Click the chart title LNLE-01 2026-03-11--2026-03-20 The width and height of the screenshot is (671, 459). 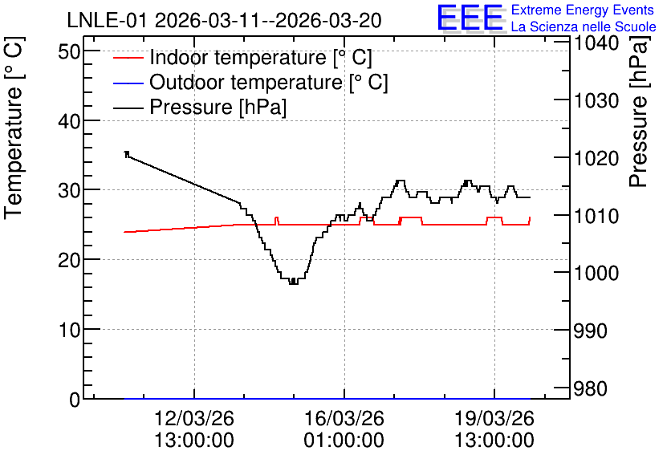click(x=224, y=20)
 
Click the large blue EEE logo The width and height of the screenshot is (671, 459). click(x=470, y=17)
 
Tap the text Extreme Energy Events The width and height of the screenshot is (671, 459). click(x=583, y=10)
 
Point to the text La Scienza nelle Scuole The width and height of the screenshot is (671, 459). click(x=584, y=26)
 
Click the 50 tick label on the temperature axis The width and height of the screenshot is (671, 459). click(x=69, y=52)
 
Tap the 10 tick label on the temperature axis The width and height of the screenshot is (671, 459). click(x=69, y=330)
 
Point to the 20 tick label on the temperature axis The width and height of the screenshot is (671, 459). click(x=69, y=260)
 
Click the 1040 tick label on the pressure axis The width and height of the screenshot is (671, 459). click(x=596, y=43)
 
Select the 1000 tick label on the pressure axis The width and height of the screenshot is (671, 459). click(x=596, y=273)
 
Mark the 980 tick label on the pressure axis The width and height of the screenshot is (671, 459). click(x=591, y=389)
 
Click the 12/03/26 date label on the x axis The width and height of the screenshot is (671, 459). click(x=194, y=418)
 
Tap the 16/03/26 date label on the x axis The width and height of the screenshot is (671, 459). click(x=344, y=418)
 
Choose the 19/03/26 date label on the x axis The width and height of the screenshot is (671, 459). click(x=494, y=418)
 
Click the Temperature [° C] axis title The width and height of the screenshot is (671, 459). click(x=14, y=128)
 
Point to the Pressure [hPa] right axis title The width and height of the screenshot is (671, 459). click(x=638, y=112)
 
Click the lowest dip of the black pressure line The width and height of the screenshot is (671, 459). click(x=294, y=282)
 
